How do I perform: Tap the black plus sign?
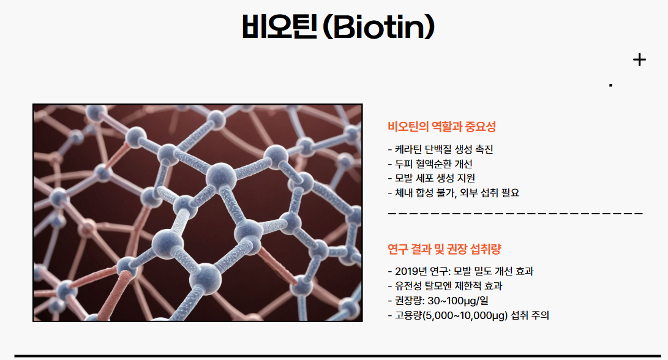(639, 59)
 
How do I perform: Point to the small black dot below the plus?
(610, 85)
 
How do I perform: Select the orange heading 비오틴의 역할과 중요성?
(441, 127)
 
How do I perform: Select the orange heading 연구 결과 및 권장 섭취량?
(445, 249)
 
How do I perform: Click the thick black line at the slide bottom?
(340, 356)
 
